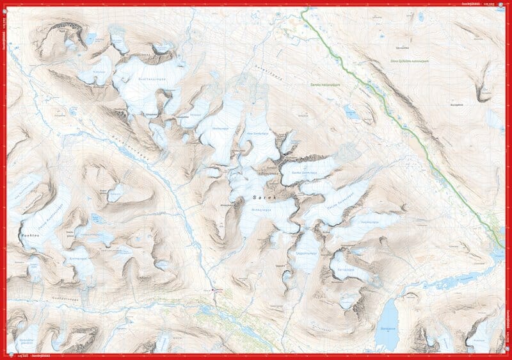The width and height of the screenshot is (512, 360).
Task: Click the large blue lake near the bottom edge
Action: coord(388,315)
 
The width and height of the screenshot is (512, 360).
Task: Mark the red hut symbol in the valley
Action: coord(216,290)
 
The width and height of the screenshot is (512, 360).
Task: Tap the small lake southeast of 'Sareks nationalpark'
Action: coord(352,113)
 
